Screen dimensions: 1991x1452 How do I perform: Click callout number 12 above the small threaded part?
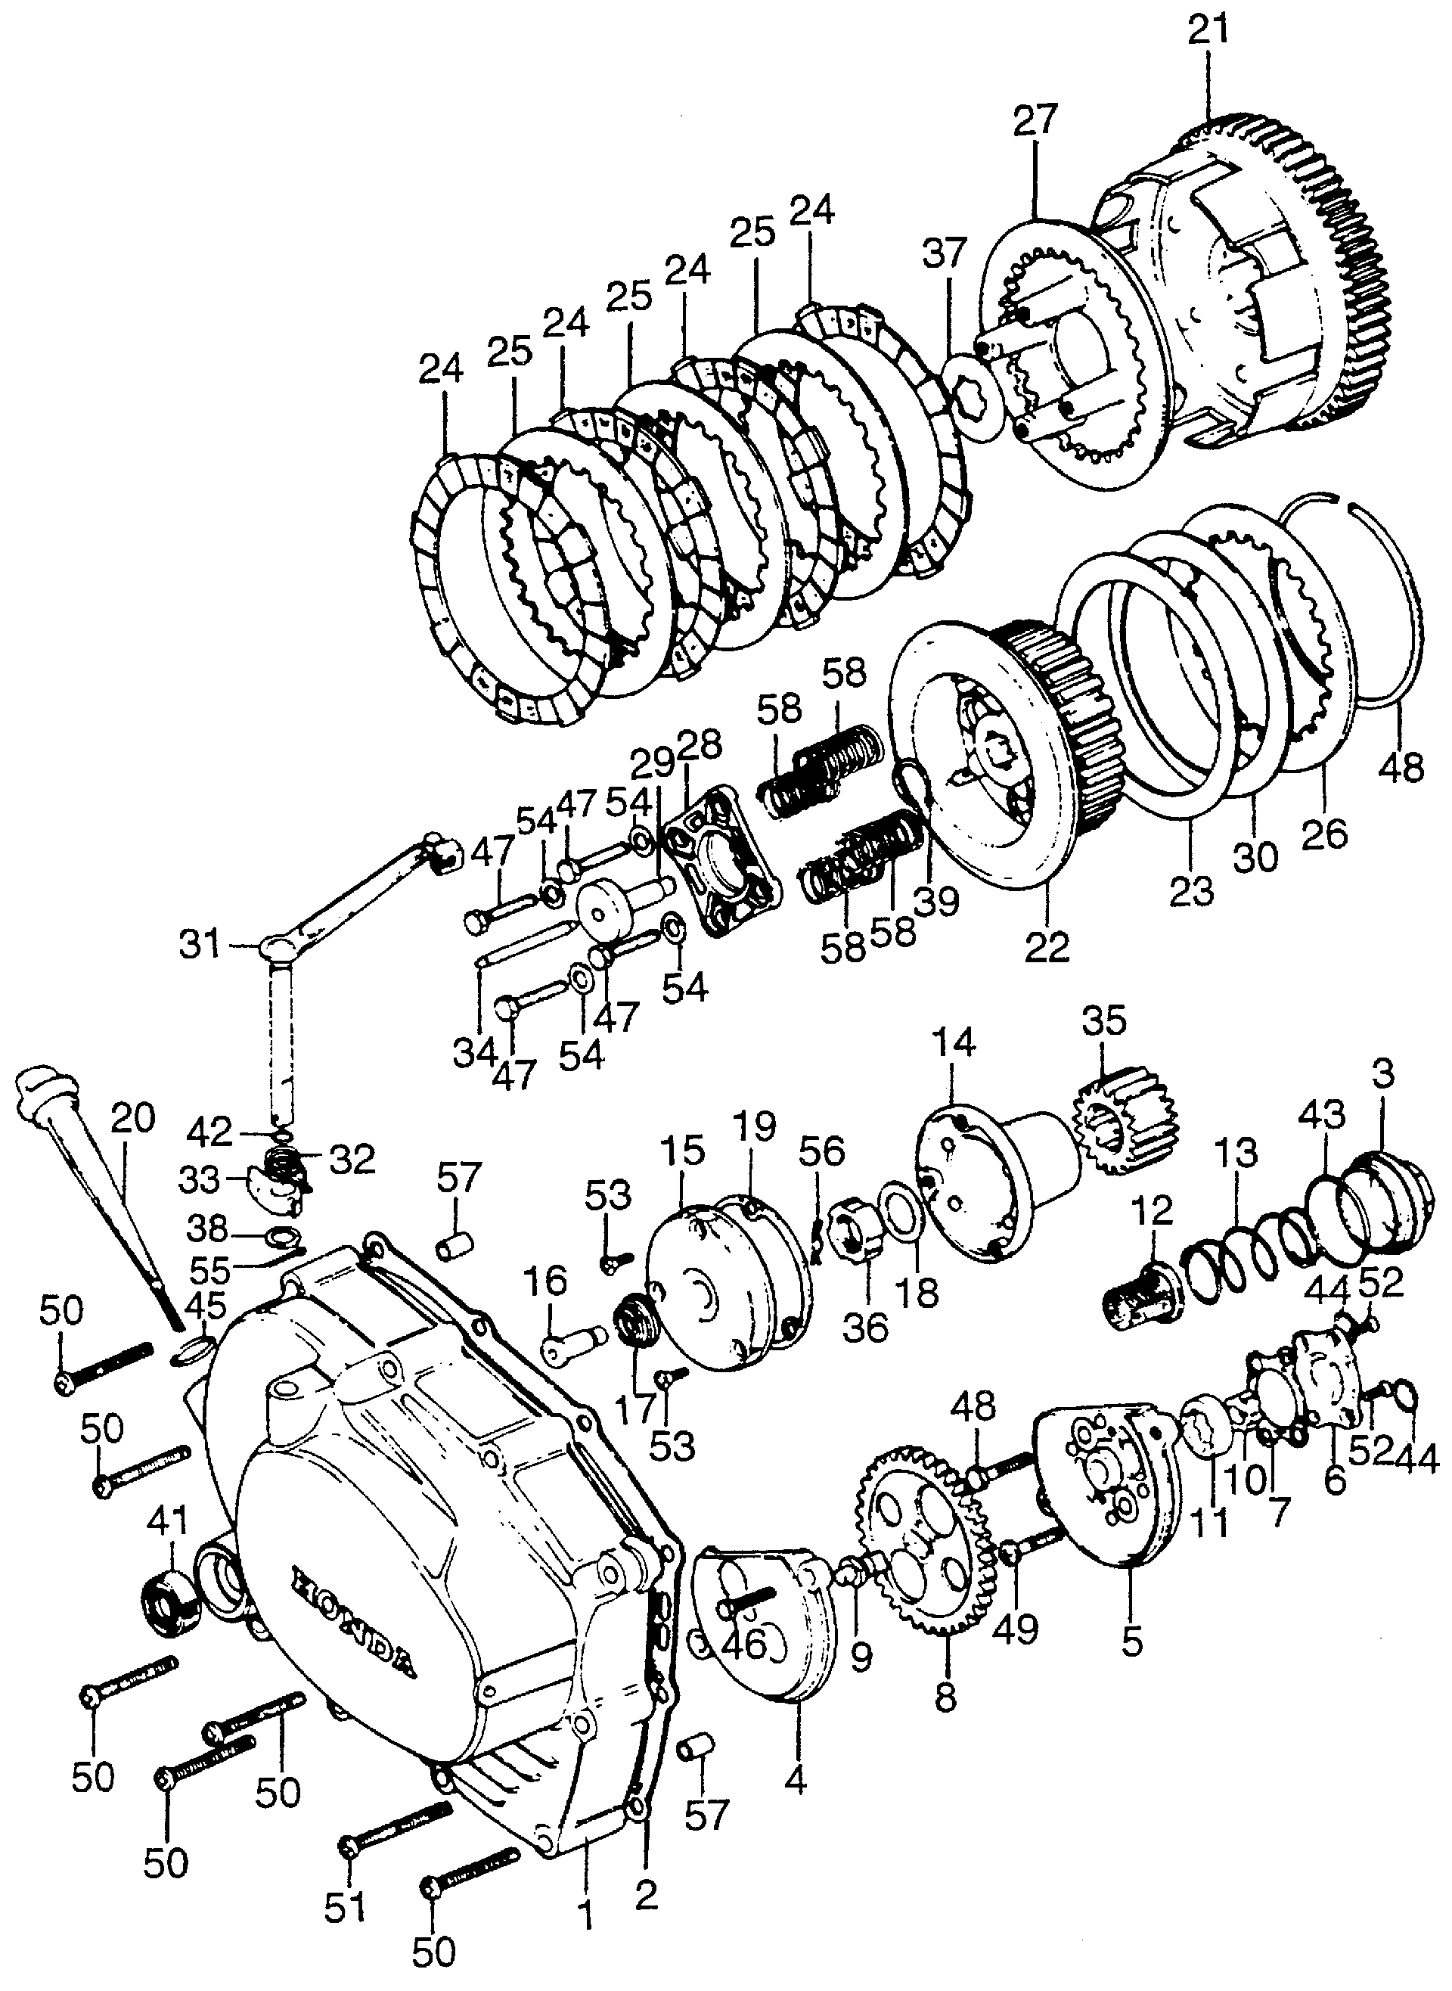pos(1153,1212)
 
